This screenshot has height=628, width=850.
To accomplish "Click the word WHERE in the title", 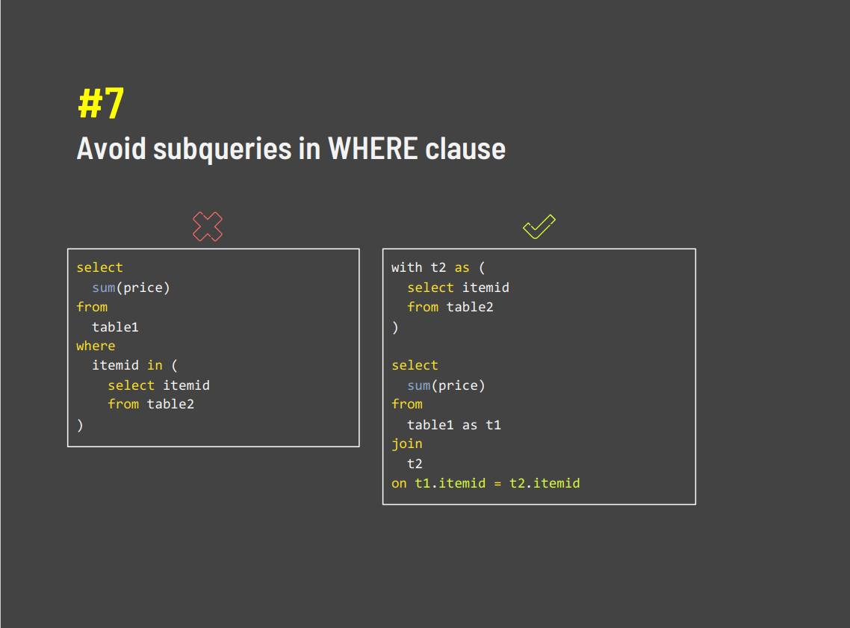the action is pos(373,149).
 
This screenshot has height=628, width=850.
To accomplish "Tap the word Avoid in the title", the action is pos(111,149).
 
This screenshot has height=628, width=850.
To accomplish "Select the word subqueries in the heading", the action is pos(223,149).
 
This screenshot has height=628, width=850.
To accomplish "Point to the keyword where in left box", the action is pos(96,346).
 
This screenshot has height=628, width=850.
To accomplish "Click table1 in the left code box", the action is pos(115,327).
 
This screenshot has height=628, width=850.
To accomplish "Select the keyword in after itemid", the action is pos(155,365).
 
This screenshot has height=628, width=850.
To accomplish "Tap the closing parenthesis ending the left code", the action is pos(80,425).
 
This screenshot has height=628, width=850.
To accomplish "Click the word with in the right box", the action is pos(406,267).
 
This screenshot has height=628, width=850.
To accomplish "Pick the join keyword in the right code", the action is pos(406,444).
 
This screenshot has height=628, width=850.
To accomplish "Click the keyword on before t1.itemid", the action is pos(399,483).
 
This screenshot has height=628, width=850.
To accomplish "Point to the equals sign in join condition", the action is pos(497,483).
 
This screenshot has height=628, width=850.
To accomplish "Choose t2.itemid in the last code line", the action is pos(545,483).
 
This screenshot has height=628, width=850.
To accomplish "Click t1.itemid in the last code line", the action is pos(450,483).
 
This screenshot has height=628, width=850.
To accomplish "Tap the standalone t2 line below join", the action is pos(415,464).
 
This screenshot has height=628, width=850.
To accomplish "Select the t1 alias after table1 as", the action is pos(493,425).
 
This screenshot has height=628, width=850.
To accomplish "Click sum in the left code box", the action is pos(104,287).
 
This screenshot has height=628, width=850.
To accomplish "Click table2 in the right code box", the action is pos(470,307).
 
